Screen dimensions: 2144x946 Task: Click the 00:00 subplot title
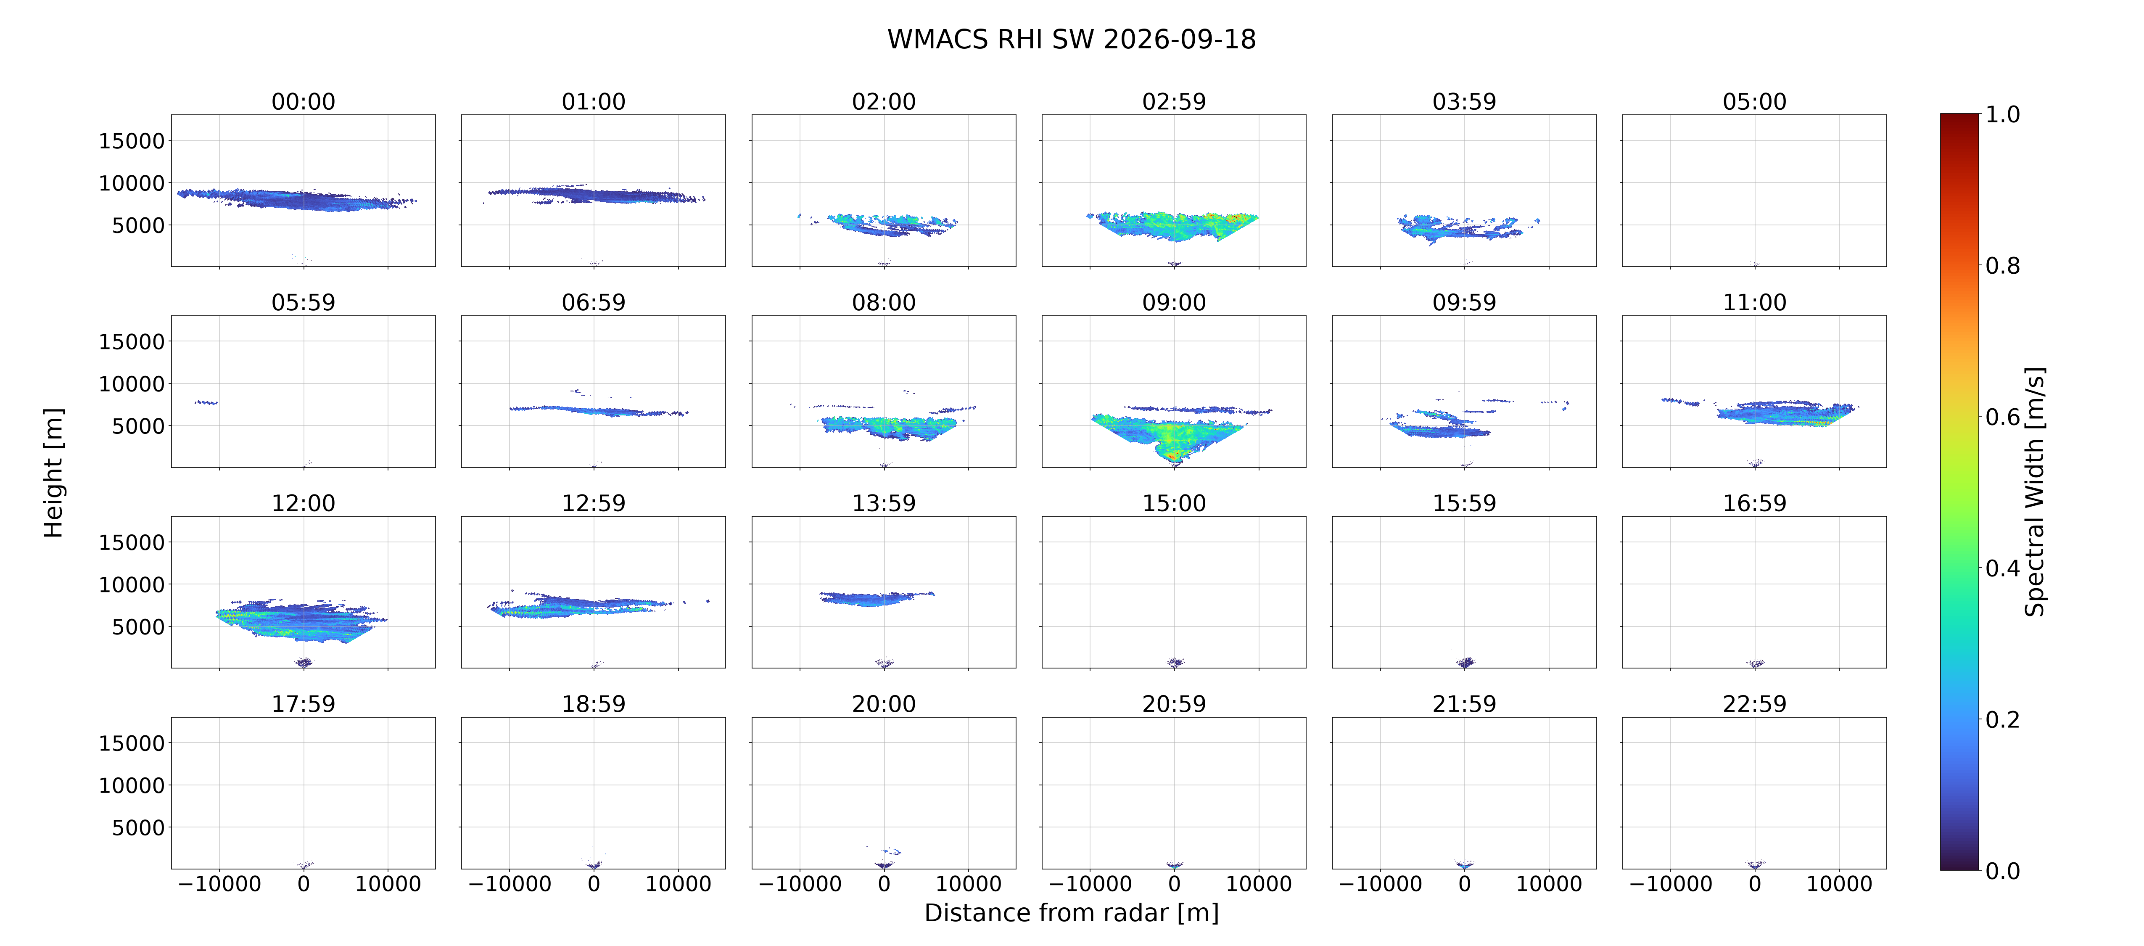303,102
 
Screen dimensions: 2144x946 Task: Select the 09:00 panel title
1174,302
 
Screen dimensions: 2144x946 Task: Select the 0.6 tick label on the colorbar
2002,416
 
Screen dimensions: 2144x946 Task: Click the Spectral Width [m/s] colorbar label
2034,491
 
